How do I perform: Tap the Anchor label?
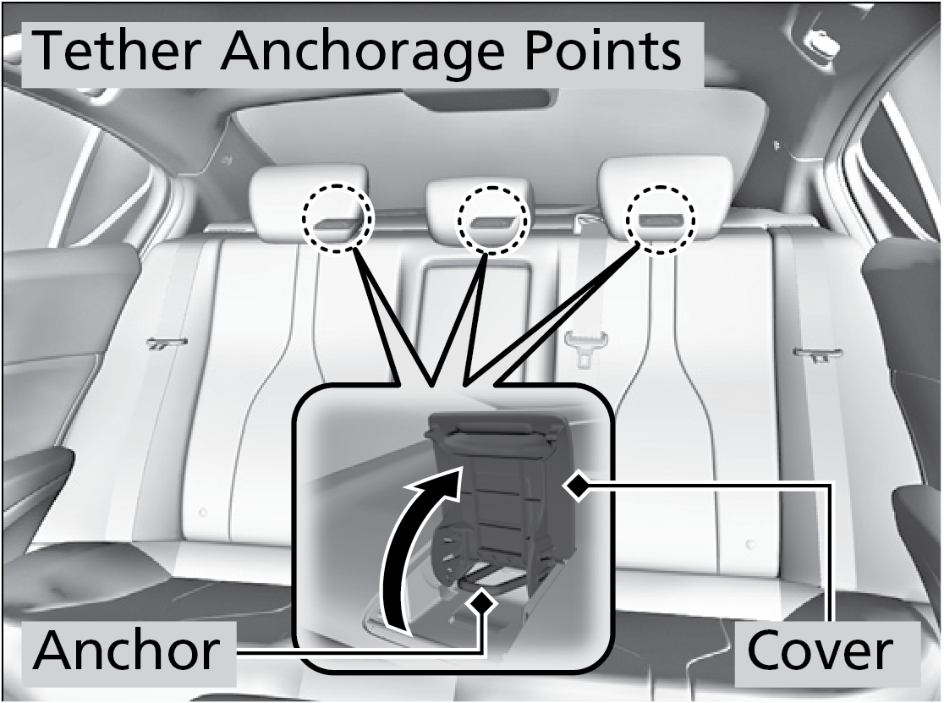[x=126, y=651]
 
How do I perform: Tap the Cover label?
[x=821, y=651]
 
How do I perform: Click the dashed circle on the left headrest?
[x=338, y=218]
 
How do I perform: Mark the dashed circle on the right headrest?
[x=661, y=218]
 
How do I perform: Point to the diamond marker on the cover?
[x=577, y=486]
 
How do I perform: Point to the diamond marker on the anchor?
[x=482, y=601]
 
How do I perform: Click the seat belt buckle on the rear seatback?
[x=584, y=345]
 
